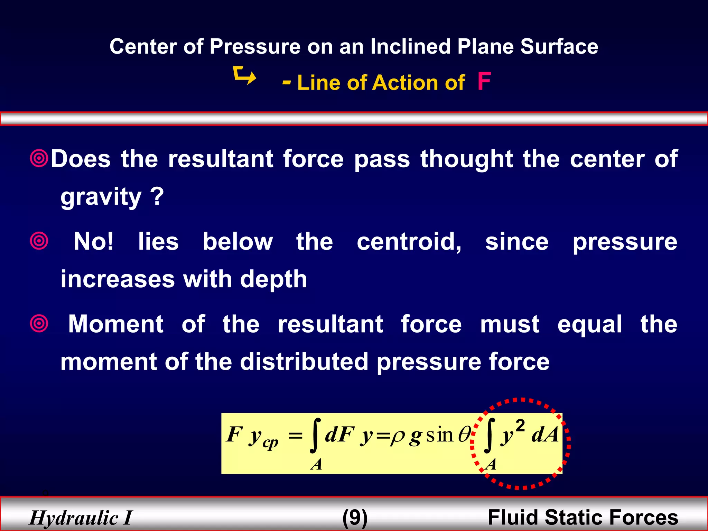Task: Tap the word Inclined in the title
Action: point(410,46)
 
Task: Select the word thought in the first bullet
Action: point(466,160)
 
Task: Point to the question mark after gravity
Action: point(157,196)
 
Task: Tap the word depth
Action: point(273,279)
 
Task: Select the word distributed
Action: point(304,362)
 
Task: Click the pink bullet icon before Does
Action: point(39,159)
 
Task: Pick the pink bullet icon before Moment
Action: point(39,324)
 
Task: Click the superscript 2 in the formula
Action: point(520,425)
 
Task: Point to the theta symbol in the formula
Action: point(464,435)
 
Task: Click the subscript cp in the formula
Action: point(270,443)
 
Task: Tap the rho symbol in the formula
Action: point(397,436)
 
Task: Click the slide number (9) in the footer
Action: point(355,518)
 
